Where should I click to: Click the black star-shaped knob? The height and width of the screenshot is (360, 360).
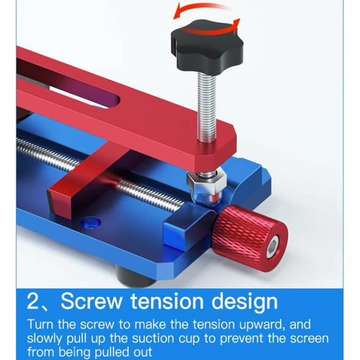click(x=207, y=45)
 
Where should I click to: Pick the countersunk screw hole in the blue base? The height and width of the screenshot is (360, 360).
click(x=90, y=222)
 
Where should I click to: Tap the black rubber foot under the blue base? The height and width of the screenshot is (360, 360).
click(x=136, y=276)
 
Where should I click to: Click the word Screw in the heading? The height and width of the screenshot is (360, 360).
click(x=91, y=301)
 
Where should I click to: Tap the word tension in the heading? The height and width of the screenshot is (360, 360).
click(x=167, y=301)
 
